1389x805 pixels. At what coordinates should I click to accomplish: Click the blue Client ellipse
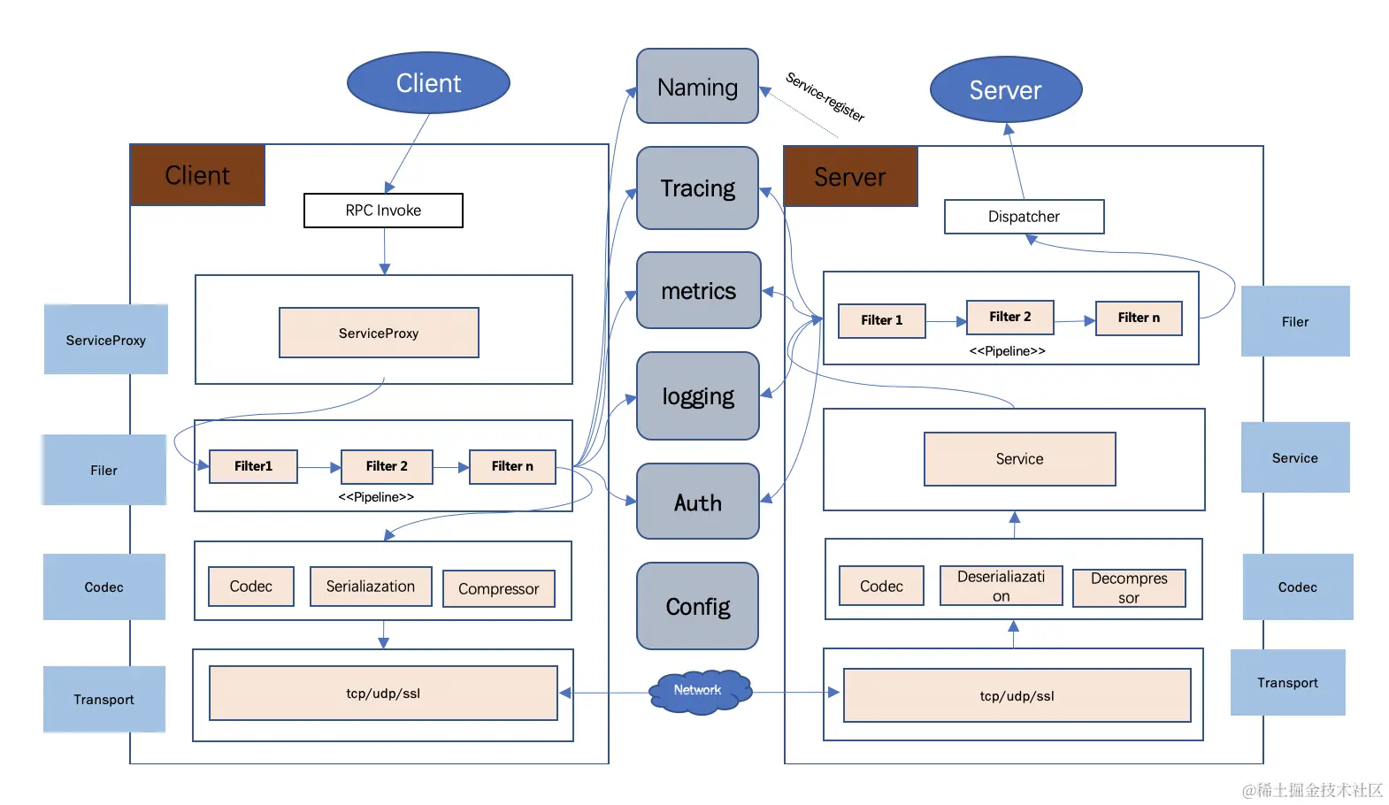click(x=428, y=83)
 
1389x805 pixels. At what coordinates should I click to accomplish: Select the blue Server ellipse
click(x=1006, y=90)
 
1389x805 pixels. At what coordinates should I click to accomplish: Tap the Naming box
click(x=697, y=87)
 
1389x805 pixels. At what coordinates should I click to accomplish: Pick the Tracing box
click(x=697, y=188)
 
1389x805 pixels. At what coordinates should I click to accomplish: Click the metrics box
click(x=698, y=291)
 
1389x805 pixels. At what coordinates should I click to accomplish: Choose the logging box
click(x=698, y=396)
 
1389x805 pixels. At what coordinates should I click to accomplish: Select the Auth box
click(x=698, y=502)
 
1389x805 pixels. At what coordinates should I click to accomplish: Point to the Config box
click(x=697, y=606)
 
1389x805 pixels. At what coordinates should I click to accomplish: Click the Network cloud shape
click(x=699, y=691)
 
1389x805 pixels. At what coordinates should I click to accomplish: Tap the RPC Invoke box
click(x=383, y=211)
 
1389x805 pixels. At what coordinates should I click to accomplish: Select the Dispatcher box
click(x=1024, y=217)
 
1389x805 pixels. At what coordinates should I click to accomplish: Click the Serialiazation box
click(x=371, y=586)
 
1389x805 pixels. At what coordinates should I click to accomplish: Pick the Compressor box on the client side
click(x=498, y=589)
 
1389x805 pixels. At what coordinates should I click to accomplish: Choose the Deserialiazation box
click(x=1001, y=586)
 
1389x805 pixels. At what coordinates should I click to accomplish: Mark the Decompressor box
click(x=1129, y=588)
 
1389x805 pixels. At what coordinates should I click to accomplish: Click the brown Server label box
click(x=850, y=177)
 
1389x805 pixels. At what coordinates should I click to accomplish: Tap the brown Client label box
click(x=197, y=175)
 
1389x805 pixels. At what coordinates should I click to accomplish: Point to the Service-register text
click(x=825, y=96)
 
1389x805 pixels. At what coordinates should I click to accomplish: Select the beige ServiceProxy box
click(x=379, y=333)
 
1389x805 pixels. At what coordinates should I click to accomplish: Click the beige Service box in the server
click(x=1019, y=459)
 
